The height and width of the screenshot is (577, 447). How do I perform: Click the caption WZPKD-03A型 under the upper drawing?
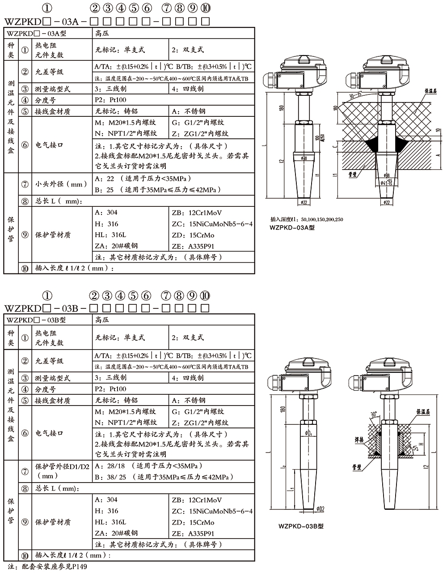pos(292,227)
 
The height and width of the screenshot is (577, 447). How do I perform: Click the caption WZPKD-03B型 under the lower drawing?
pos(300,526)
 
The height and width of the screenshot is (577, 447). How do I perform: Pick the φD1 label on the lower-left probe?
pos(308,433)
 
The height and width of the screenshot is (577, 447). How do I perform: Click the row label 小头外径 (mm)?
pos(60,184)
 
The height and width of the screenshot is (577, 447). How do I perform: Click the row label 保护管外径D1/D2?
pos(62,467)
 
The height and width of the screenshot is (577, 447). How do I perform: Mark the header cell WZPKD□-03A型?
pos(36,33)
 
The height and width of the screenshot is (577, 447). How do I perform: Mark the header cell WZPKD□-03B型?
pos(36,320)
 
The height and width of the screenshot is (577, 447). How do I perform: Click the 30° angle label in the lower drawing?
pos(374,414)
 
